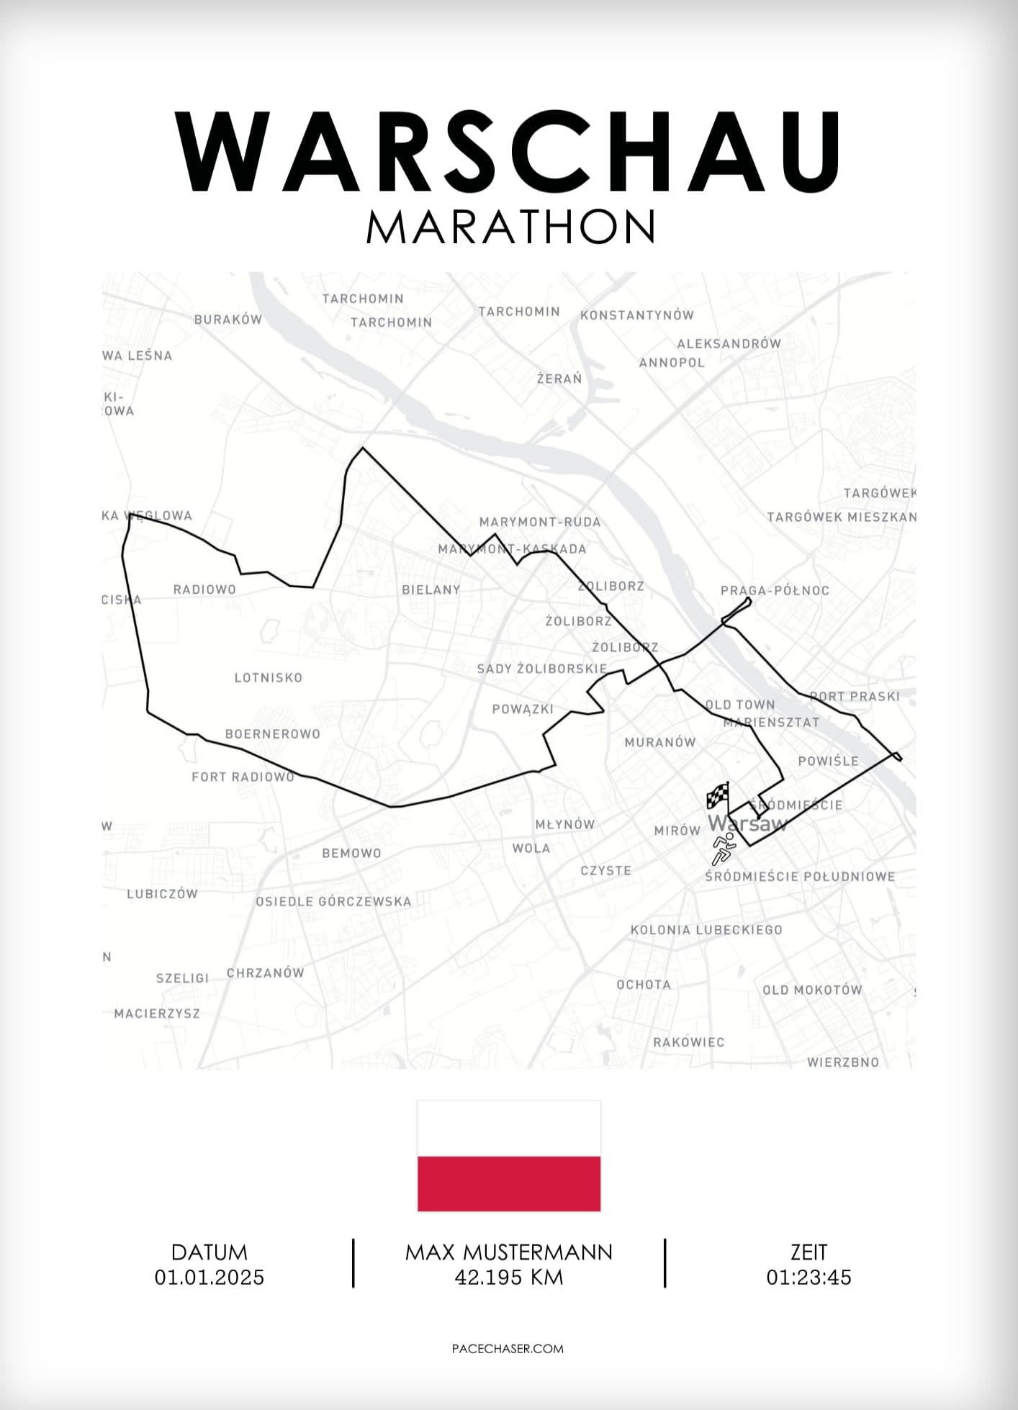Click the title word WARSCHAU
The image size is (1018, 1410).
click(508, 152)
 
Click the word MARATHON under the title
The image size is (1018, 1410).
click(510, 227)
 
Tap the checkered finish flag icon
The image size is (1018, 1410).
click(718, 796)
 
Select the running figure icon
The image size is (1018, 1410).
click(723, 849)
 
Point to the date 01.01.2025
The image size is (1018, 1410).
click(210, 1278)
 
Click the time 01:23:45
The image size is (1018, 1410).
click(808, 1278)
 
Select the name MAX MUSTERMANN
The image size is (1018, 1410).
click(509, 1253)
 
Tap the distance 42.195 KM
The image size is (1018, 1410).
click(509, 1278)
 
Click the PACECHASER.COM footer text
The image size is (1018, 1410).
click(508, 1349)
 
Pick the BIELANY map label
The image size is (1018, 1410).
click(431, 590)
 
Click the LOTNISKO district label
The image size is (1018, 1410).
click(269, 678)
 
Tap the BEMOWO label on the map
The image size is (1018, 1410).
click(351, 854)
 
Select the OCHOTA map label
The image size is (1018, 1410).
click(644, 985)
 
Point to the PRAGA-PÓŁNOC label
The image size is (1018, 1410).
click(775, 591)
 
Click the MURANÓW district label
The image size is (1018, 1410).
click(660, 743)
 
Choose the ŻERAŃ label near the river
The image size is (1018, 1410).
click(559, 379)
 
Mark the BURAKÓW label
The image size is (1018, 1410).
click(228, 320)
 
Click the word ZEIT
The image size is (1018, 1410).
click(808, 1253)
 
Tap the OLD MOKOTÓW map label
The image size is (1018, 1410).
click(812, 990)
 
